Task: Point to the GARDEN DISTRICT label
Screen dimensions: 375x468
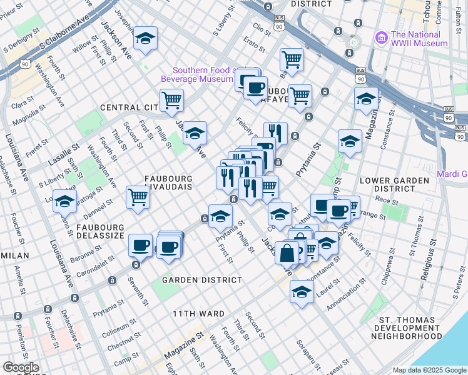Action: [201, 280]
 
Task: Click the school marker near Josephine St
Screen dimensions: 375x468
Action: [146, 39]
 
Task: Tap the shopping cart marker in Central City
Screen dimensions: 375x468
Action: [171, 100]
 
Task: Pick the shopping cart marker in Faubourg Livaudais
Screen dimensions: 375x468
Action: [138, 196]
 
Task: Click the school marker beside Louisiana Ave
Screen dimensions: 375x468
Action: [64, 201]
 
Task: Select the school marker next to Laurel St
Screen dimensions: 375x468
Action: [302, 291]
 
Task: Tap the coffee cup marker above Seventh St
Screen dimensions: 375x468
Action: [140, 244]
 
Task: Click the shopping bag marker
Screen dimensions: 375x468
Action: [287, 254]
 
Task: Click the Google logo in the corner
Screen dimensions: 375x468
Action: [21, 367]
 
